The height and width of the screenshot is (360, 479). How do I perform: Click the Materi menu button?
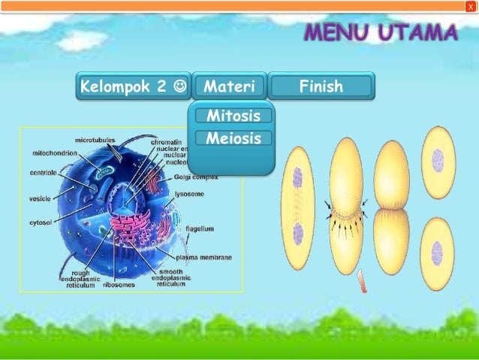coord(229,86)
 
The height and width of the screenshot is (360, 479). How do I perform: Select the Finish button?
coord(321,86)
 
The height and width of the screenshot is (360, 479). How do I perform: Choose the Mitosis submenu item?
coord(233,116)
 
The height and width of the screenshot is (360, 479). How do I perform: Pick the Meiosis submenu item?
coord(233,138)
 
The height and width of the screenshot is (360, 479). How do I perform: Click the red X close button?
coord(471,6)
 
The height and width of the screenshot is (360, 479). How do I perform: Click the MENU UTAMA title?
coord(381,34)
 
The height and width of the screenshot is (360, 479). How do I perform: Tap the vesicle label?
coord(40,198)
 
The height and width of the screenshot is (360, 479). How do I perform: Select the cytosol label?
coord(41,222)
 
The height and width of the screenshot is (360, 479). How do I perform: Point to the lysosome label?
coord(190,193)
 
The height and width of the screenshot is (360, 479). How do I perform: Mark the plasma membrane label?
coord(203,257)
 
